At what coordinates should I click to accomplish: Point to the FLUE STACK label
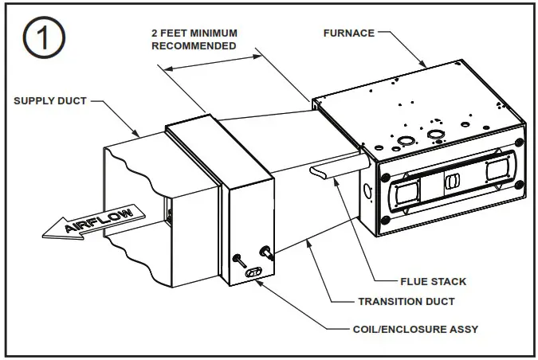coord(434,281)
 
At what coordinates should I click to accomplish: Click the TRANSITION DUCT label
coord(407,302)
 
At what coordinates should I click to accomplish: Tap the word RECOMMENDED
coord(194,46)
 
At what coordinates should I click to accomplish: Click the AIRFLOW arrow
coord(92,222)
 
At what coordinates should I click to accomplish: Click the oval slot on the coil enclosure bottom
coord(254,272)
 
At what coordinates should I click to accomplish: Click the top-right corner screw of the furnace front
coord(520,142)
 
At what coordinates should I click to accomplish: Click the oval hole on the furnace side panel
coord(367,192)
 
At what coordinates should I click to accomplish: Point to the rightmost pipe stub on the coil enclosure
coord(266,253)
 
